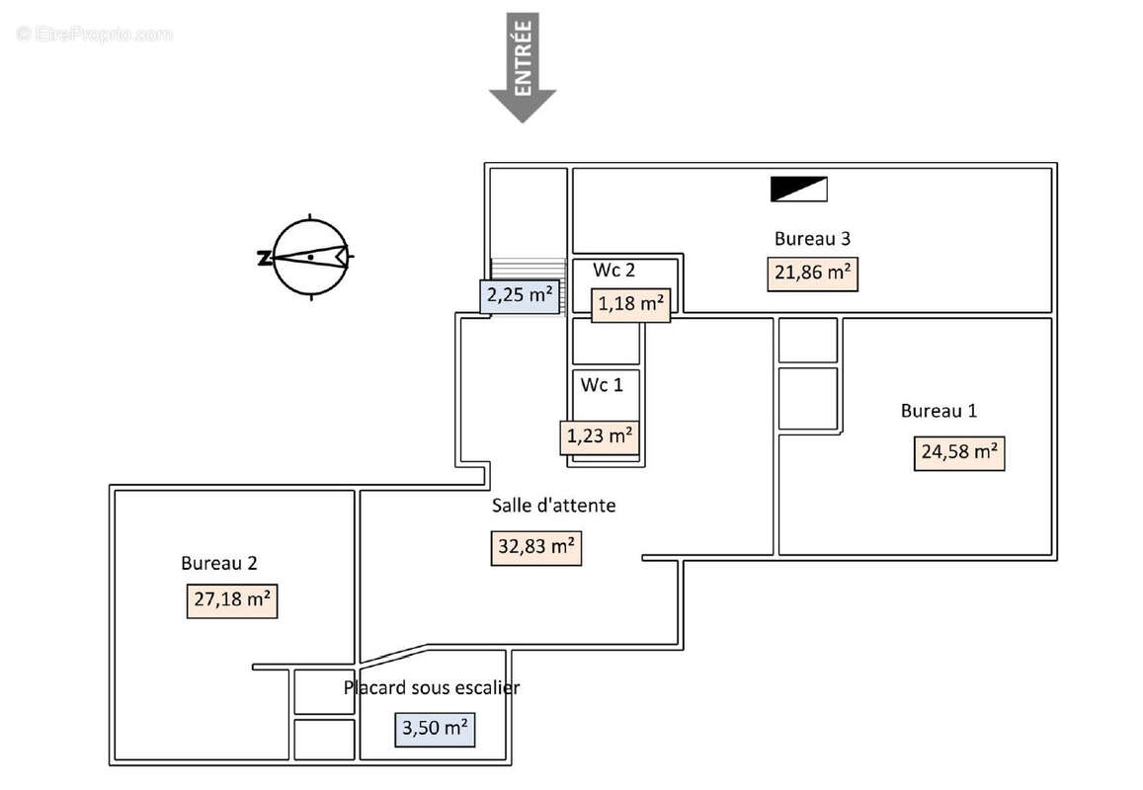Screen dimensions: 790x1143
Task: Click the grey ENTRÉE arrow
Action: click(x=523, y=69)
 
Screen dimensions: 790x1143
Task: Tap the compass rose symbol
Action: click(x=310, y=257)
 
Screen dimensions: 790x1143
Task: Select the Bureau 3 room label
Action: click(x=812, y=238)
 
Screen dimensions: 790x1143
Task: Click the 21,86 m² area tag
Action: click(x=812, y=274)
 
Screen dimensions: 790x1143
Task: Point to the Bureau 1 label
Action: click(x=939, y=411)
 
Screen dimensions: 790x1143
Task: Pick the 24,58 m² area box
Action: click(x=958, y=453)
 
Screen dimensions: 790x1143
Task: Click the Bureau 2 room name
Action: click(x=219, y=563)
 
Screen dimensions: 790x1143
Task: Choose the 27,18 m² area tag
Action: click(x=232, y=600)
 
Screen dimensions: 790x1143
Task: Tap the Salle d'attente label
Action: click(x=553, y=506)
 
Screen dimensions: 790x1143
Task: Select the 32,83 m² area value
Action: click(x=536, y=547)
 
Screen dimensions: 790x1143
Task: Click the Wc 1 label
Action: click(x=602, y=385)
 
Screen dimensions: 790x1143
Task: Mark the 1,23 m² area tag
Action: click(x=599, y=435)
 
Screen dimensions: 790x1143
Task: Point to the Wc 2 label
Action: click(x=613, y=270)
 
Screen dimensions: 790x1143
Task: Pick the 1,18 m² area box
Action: click(x=629, y=304)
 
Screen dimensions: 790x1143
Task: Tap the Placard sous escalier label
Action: click(x=432, y=687)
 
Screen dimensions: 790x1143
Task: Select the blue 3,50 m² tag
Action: click(x=435, y=730)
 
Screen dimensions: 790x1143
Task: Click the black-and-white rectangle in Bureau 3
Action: click(x=798, y=189)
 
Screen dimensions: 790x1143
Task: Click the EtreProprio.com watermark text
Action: click(x=94, y=34)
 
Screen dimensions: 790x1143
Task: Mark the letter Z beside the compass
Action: click(x=263, y=259)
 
